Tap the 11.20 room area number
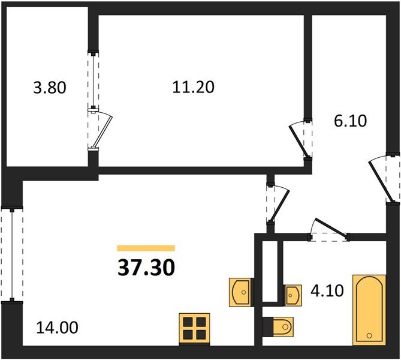193,88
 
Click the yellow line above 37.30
146,248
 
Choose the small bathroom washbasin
292,295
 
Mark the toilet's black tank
267,328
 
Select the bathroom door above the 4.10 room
328,233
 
